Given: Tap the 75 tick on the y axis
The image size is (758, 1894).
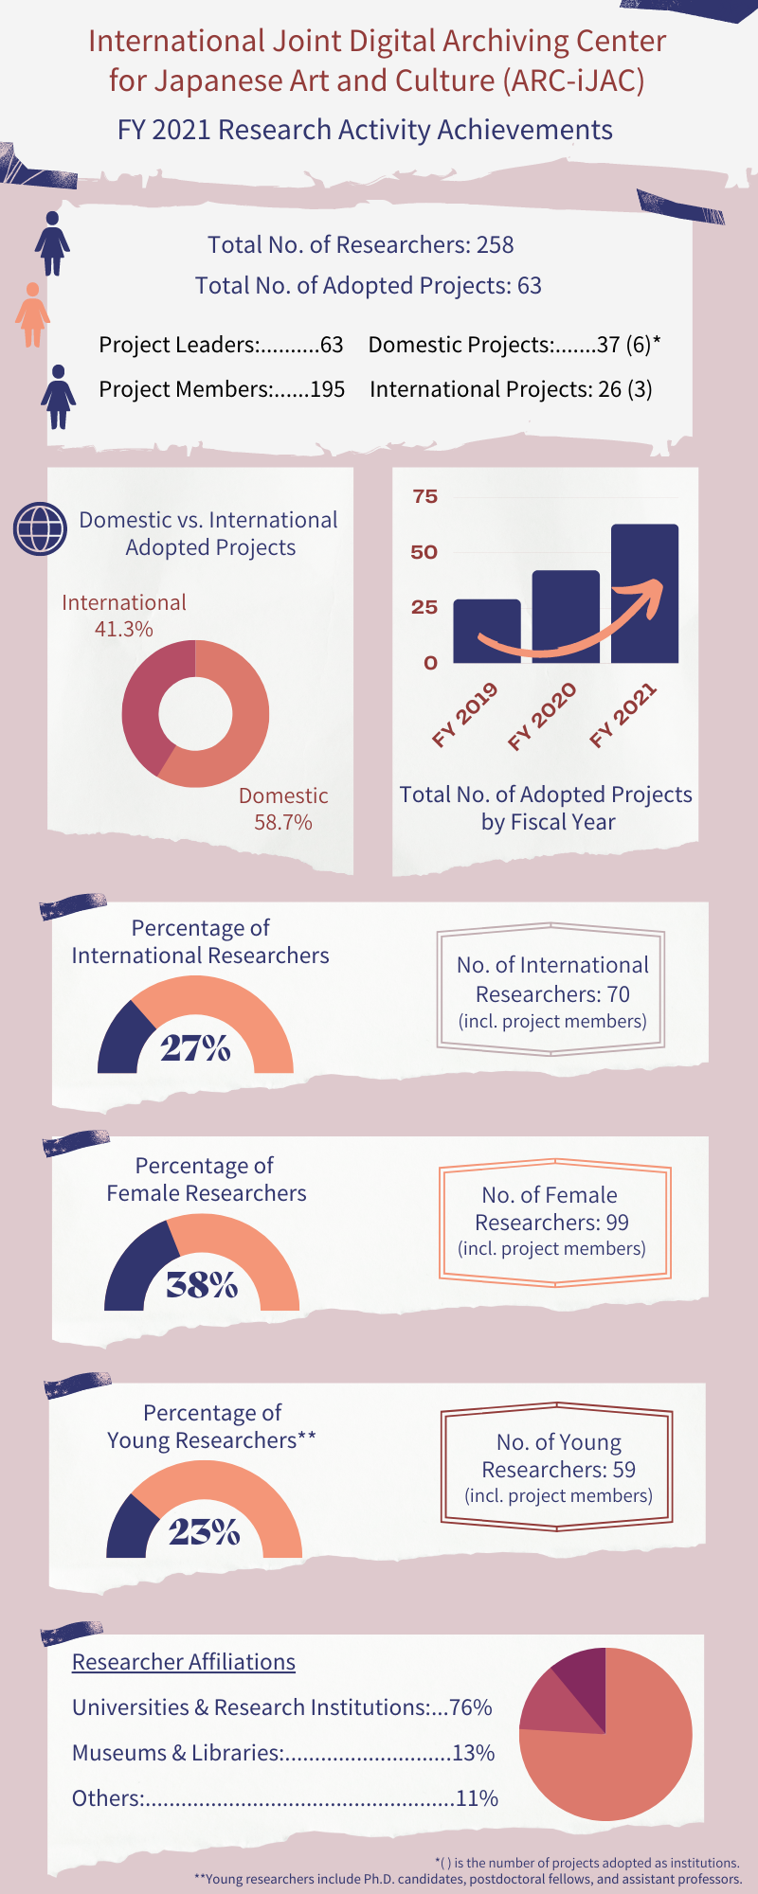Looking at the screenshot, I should tap(425, 496).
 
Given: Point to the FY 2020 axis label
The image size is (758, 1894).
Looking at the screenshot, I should tap(542, 717).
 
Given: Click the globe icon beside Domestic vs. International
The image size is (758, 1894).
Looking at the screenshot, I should tap(40, 528).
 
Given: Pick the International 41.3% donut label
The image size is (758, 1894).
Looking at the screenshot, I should tap(124, 616).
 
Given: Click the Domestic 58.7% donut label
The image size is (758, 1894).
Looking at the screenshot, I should tap(283, 809).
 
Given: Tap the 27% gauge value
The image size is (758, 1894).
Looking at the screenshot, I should tap(195, 1048).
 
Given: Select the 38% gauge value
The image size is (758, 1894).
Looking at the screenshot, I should tap(202, 1285).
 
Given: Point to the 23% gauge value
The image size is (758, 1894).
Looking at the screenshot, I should tap(204, 1531).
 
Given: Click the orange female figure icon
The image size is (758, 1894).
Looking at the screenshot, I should tap(32, 314).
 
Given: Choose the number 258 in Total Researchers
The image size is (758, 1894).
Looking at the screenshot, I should tap(495, 244).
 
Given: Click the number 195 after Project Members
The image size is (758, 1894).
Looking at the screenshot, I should tap(328, 389).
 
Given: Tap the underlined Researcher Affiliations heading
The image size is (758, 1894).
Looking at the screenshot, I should tap(184, 1662).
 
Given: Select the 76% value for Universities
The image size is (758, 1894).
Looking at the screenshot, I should tap(471, 1707).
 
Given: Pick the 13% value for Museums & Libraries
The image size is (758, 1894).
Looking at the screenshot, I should tap(474, 1753).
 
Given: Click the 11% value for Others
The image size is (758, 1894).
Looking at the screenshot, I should tap(477, 1798).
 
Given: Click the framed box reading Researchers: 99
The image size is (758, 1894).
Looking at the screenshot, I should tap(554, 1224).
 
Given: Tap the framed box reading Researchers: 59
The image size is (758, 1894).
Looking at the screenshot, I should tap(557, 1467).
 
